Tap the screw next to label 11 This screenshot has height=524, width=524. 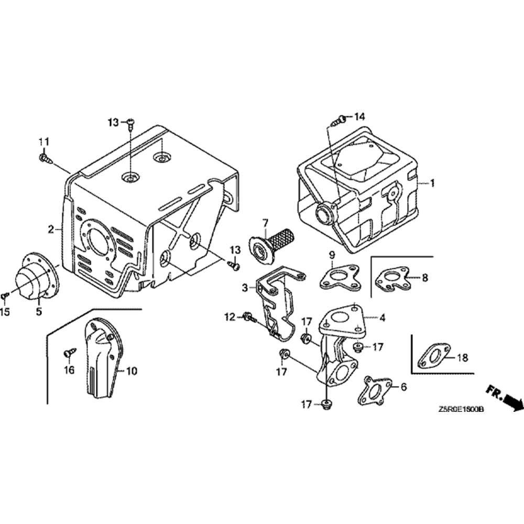click(x=44, y=157)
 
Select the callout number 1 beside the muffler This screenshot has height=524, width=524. click(x=433, y=183)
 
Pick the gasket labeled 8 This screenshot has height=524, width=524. click(x=392, y=278)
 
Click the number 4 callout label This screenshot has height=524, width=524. click(x=383, y=317)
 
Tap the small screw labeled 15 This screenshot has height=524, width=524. click(x=5, y=296)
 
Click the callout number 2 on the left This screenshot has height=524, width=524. click(x=51, y=229)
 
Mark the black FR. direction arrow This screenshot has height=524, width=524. click(x=511, y=401)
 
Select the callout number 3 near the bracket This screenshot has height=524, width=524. click(x=245, y=288)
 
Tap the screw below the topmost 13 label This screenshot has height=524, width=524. click(x=130, y=123)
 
